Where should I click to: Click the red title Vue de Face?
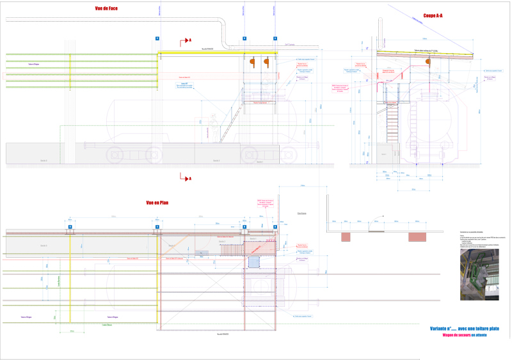pos(105,8)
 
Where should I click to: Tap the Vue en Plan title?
pos(157,203)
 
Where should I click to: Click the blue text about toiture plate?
pos(464,329)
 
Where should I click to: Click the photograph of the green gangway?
pos(479,273)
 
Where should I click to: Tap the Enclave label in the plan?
pos(301,214)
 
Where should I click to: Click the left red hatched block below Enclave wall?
pos(345,237)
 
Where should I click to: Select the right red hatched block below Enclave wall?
pos(417,237)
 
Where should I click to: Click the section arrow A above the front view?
pos(186,40)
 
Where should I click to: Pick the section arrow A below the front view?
pos(186,178)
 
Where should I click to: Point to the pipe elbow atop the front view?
pos(220,20)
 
